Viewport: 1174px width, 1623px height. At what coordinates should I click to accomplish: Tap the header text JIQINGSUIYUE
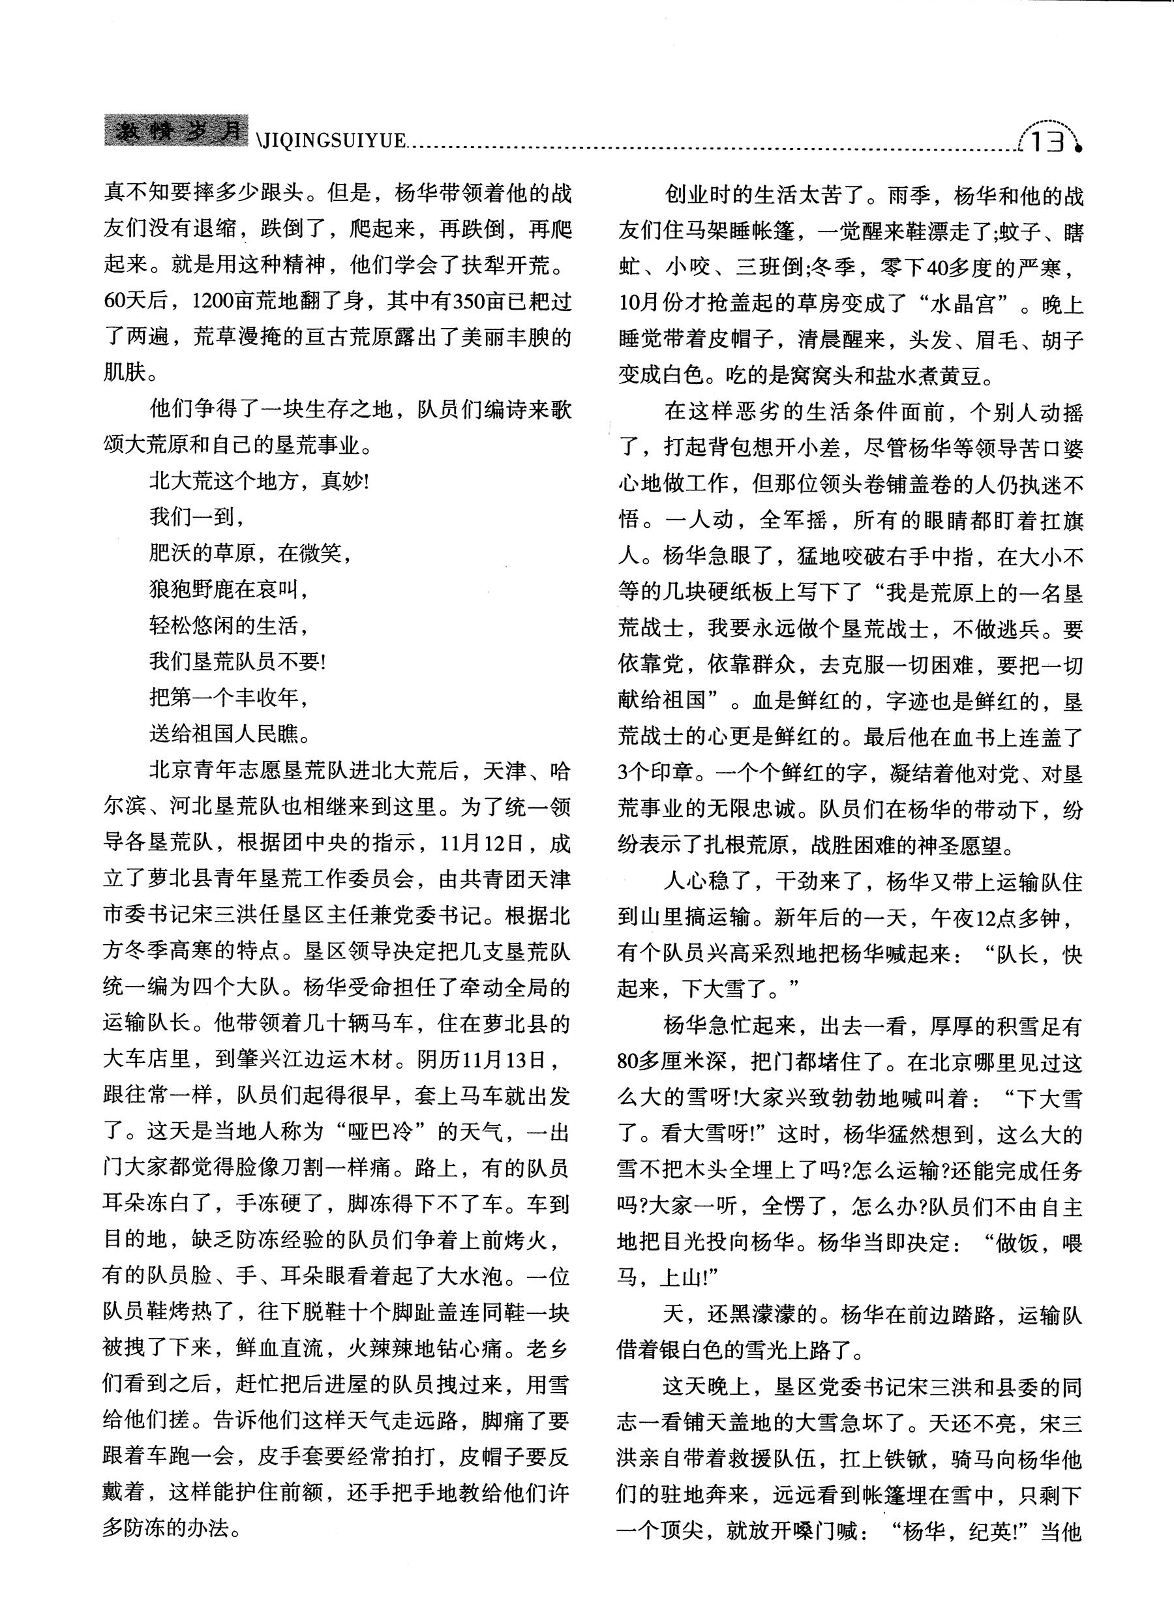coord(331,141)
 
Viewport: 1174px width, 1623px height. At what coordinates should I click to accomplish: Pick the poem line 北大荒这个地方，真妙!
coord(259,481)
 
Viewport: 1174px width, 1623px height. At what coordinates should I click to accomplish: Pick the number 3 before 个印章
coord(624,773)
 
